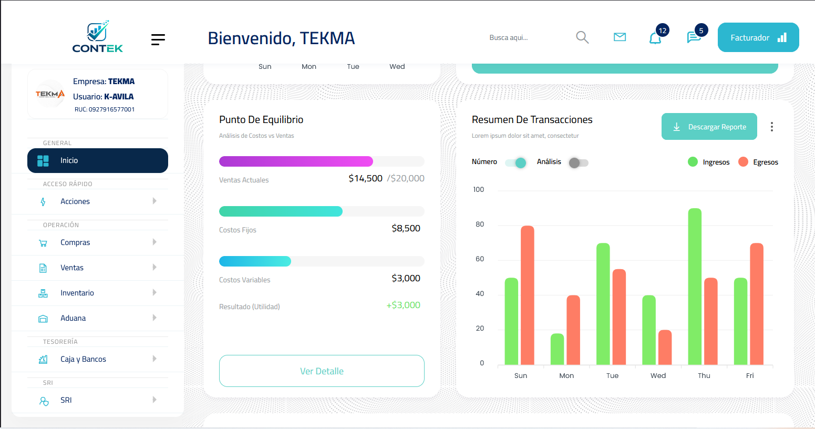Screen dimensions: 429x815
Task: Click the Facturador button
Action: (758, 37)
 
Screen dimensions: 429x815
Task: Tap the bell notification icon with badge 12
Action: (655, 38)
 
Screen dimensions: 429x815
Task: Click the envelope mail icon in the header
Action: (620, 37)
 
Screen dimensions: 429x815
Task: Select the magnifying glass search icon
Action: (582, 37)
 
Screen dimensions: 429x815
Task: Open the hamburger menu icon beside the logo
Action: (158, 39)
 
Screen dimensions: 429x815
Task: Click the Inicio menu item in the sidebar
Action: (98, 160)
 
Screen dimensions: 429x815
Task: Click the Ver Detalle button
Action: (322, 371)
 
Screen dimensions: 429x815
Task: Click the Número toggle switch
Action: (516, 162)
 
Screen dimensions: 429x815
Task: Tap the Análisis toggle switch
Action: (578, 162)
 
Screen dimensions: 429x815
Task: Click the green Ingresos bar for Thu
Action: (695, 287)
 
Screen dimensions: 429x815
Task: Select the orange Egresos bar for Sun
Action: (528, 295)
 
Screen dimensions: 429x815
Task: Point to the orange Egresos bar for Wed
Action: (665, 347)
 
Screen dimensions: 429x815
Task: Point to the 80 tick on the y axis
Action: (479, 224)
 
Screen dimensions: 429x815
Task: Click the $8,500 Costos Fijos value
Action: (406, 228)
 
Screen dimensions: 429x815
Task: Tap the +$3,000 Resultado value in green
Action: (403, 305)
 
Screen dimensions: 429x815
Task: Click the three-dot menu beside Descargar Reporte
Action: (771, 127)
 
